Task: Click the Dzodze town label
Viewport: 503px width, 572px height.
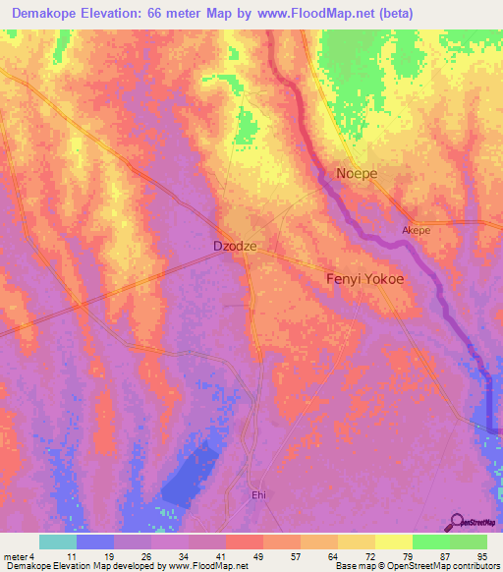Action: tap(236, 247)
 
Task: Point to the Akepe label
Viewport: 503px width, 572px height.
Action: tap(417, 231)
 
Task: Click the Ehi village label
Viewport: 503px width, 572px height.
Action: tap(259, 495)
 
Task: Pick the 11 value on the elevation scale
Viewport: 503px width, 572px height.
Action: tap(70, 556)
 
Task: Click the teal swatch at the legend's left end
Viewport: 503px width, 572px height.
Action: tap(57, 542)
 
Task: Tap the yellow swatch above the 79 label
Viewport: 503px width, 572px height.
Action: tap(393, 542)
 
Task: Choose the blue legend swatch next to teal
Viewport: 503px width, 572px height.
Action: tap(94, 542)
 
